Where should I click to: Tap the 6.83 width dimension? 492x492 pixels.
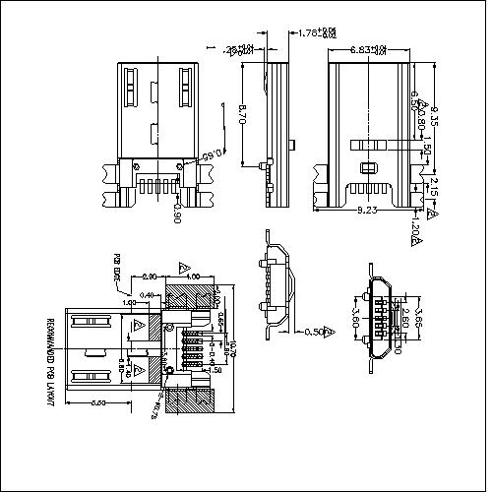tap(368, 48)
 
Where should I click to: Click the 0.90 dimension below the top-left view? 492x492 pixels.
tap(175, 213)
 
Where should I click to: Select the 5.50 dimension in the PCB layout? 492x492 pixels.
tap(97, 403)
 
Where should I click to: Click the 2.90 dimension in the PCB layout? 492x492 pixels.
tap(149, 277)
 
